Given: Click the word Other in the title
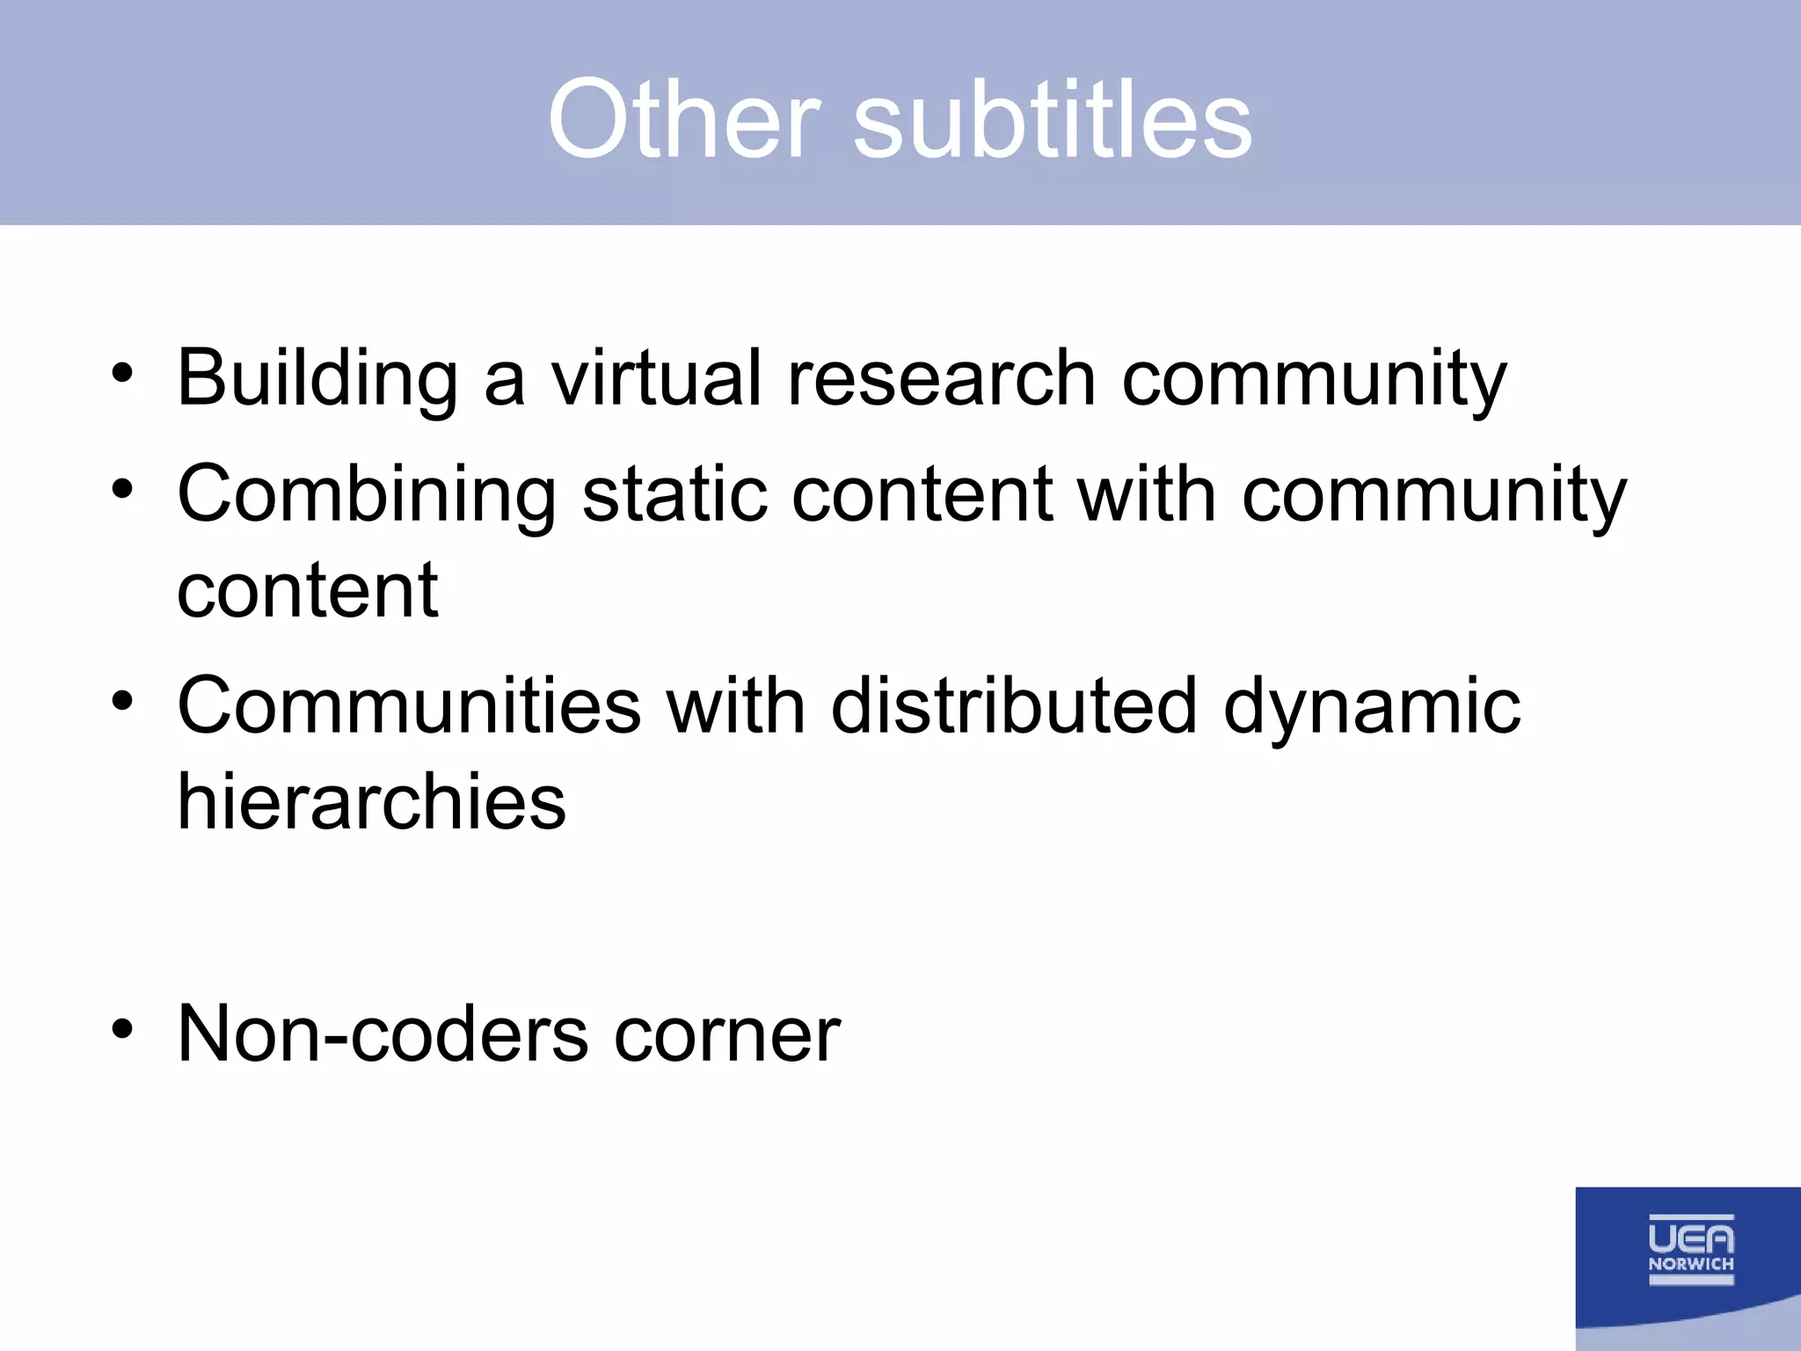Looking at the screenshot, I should coord(684,120).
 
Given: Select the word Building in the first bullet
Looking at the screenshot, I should coord(317,379).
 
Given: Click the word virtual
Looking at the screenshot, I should coord(656,379).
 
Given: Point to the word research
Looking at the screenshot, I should coord(941,379).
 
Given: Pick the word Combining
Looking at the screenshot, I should coord(367,495).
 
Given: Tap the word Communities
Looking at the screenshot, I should coord(410,706).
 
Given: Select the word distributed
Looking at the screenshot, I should coord(1014,706).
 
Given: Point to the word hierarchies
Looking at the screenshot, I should coord(372,802).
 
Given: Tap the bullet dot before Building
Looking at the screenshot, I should coord(122,373).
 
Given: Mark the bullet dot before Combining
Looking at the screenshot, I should coord(122,489).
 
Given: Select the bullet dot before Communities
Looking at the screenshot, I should coord(122,701).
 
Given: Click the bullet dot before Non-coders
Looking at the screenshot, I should coord(122,1028).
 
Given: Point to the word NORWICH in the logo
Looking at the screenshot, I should coord(1690,1264).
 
